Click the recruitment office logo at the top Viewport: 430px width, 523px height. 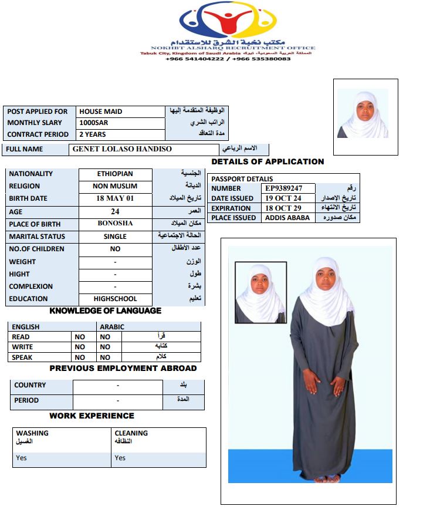pyautogui.click(x=227, y=22)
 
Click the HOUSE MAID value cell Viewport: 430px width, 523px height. pyautogui.click(x=101, y=112)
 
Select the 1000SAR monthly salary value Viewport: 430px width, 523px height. pyautogui.click(x=94, y=123)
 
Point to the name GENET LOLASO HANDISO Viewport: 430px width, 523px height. pyautogui.click(x=122, y=149)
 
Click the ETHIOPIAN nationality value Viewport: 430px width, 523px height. pyautogui.click(x=115, y=174)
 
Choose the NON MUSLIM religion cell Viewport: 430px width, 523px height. pyautogui.click(x=115, y=186)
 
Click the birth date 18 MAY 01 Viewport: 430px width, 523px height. pyautogui.click(x=115, y=198)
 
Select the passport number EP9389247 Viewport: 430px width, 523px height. pyautogui.click(x=283, y=188)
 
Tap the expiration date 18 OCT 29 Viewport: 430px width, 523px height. pyautogui.click(x=283, y=208)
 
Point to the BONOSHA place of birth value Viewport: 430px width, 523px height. pyautogui.click(x=115, y=224)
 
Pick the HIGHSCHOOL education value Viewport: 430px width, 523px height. pyautogui.click(x=115, y=299)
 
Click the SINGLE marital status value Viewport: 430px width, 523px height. pyautogui.click(x=115, y=237)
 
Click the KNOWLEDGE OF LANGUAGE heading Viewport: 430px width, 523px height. pyautogui.click(x=105, y=311)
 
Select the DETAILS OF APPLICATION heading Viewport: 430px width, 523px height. pyautogui.click(x=268, y=161)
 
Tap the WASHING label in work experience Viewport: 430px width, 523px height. pyautogui.click(x=32, y=433)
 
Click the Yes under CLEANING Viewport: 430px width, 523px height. pyautogui.click(x=120, y=458)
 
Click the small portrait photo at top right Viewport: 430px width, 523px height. pyautogui.click(x=363, y=113)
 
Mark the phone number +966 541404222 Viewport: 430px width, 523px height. pyautogui.click(x=195, y=59)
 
